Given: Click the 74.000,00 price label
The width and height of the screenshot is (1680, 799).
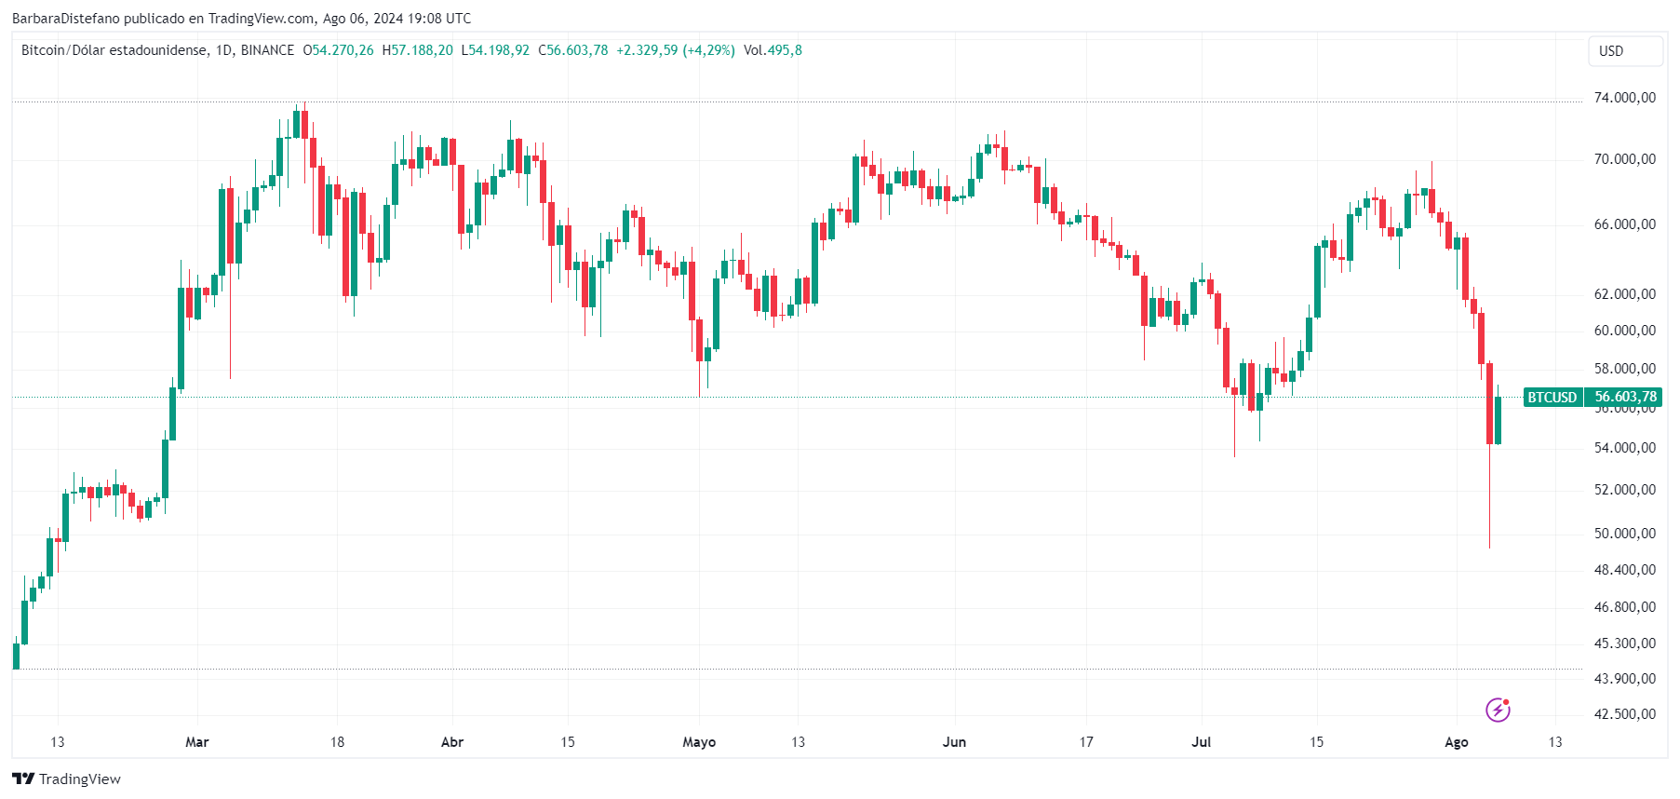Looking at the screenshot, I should tap(1624, 98).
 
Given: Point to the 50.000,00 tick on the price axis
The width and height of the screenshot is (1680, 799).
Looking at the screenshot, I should tap(1624, 534).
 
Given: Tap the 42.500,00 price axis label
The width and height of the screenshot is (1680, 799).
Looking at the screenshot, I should tap(1624, 714).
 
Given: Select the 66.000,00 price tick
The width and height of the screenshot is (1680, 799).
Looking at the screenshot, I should tap(1624, 224).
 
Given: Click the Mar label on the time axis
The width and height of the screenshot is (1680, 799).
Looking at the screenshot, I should tap(197, 742).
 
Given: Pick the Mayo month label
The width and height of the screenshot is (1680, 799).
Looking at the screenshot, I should tap(699, 742).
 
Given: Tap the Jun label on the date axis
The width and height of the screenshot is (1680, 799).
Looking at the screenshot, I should tap(954, 742).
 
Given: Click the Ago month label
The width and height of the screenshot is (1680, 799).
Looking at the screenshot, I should tap(1456, 742).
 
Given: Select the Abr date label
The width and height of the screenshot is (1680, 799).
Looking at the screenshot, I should tap(452, 742).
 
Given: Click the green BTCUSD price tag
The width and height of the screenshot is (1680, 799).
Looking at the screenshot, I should tap(1552, 398).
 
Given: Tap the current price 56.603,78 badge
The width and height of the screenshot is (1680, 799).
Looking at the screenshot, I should tap(1625, 398).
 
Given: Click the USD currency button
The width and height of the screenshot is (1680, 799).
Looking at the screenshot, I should tap(1624, 51).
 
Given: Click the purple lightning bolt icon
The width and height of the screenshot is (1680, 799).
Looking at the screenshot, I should tap(1498, 710).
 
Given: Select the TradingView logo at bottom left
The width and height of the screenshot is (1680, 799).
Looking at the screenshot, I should tap(66, 779).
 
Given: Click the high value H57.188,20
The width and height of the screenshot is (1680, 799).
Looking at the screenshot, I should tap(418, 50).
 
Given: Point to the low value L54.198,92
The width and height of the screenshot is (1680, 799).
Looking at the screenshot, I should tap(495, 50).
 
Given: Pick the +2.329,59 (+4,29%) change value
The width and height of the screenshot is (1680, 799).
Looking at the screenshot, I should tap(675, 50).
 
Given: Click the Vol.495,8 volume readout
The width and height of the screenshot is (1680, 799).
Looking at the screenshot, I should tap(773, 50).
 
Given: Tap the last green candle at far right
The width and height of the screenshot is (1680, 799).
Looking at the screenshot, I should tap(1498, 420).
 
